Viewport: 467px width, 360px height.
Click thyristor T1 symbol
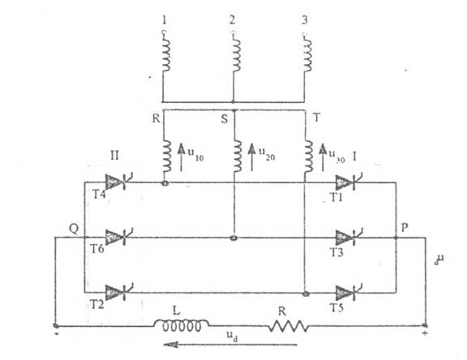[347, 182]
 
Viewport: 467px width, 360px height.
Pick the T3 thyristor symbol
[347, 238]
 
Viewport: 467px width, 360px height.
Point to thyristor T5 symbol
[347, 293]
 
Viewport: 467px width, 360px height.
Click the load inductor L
[181, 325]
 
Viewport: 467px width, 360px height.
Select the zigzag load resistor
[289, 326]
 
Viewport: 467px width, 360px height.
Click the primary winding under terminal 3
[307, 54]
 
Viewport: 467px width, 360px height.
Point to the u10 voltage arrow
[181, 157]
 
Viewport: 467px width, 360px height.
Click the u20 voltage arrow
[252, 157]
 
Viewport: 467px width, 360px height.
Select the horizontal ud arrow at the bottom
[230, 345]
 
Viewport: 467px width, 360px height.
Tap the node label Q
[74, 229]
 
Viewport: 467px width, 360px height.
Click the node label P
[404, 228]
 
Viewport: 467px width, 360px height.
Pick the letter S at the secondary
[225, 119]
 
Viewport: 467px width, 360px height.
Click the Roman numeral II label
[114, 156]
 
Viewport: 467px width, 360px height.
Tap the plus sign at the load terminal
[425, 333]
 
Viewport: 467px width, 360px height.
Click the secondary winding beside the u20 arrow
[238, 156]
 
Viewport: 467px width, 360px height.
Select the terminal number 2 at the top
[232, 19]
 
